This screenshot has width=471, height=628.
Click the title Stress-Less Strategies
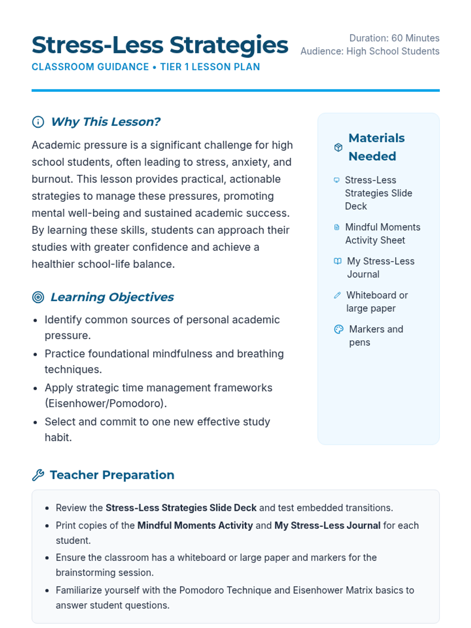point(160,45)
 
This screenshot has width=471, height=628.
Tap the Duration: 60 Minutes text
point(394,38)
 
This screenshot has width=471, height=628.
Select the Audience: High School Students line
point(370,51)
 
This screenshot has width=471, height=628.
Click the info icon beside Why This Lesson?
point(38,122)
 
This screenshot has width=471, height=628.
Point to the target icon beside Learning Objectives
point(38,297)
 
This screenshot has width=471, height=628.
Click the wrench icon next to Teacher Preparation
point(38,475)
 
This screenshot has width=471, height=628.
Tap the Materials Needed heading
point(376,147)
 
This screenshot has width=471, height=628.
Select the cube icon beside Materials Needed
point(338,147)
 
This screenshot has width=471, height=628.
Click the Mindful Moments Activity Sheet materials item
point(382,234)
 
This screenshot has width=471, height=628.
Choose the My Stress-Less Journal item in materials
point(380,268)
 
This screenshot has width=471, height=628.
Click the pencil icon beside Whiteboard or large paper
point(337,295)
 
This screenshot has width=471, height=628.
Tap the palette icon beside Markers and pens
point(338,329)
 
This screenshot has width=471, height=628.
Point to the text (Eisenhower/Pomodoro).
point(106,403)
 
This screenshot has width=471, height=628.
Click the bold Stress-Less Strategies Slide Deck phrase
point(181,508)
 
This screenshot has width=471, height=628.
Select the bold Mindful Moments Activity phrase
point(195,526)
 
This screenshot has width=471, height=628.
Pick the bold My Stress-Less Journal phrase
point(327,526)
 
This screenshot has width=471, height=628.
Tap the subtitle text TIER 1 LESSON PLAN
point(210,67)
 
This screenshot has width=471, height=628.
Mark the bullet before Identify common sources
point(35,320)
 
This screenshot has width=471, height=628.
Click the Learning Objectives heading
point(112,297)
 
